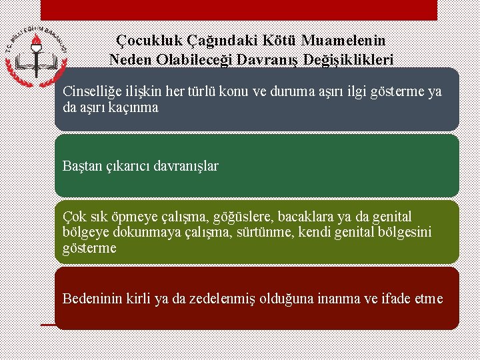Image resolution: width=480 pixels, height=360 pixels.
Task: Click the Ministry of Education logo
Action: (x=36, y=56)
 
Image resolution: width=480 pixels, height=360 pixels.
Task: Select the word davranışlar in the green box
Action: (x=187, y=165)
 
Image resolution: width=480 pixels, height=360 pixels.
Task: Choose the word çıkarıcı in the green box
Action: (x=131, y=165)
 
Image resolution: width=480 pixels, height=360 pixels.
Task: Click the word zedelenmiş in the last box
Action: (x=204, y=298)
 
